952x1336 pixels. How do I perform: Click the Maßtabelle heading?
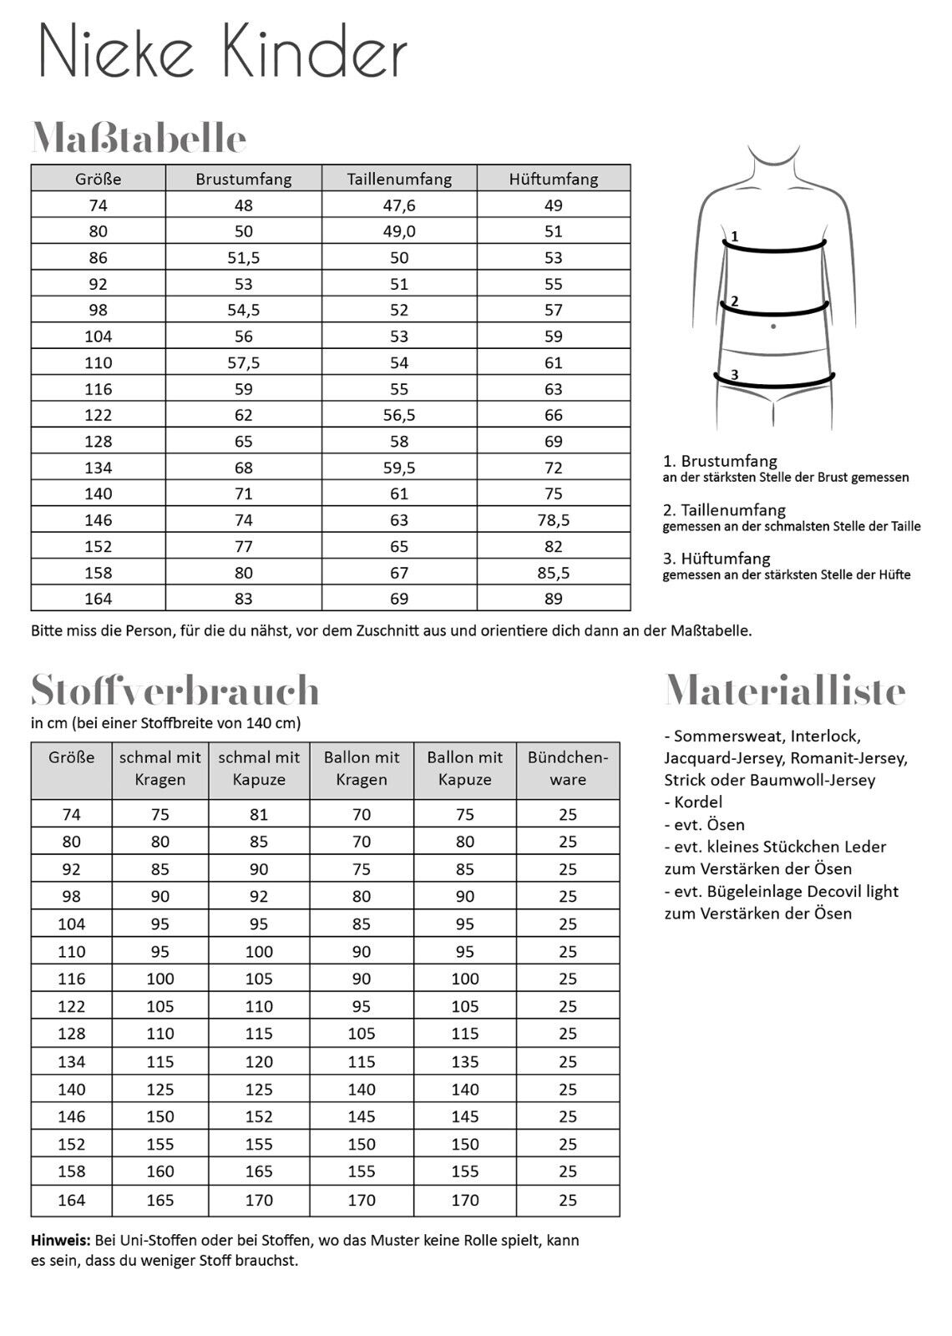pyautogui.click(x=139, y=138)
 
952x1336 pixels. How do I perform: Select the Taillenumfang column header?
pyautogui.click(x=399, y=179)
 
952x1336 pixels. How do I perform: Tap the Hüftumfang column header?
pyautogui.click(x=554, y=179)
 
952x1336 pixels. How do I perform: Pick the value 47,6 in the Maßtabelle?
pyautogui.click(x=399, y=205)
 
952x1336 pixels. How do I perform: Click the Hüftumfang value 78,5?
pyautogui.click(x=554, y=520)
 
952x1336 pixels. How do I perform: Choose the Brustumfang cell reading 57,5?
pyautogui.click(x=244, y=362)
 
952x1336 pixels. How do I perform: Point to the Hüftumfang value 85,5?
pyautogui.click(x=554, y=573)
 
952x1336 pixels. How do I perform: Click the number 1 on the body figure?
pyautogui.click(x=734, y=237)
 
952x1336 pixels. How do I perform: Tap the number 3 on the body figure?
pyautogui.click(x=734, y=375)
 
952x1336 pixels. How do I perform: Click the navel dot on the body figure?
pyautogui.click(x=774, y=326)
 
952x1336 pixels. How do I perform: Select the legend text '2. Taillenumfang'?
pyautogui.click(x=724, y=509)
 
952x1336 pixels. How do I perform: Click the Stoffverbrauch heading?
pyautogui.click(x=175, y=691)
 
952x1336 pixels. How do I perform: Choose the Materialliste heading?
pyautogui.click(x=785, y=691)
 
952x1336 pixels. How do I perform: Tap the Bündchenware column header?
pyautogui.click(x=568, y=768)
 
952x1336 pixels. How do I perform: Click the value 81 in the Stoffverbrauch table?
pyautogui.click(x=259, y=814)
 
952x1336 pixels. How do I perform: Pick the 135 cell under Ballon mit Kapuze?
pyautogui.click(x=465, y=1061)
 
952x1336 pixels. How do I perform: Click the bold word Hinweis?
pyautogui.click(x=61, y=1240)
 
